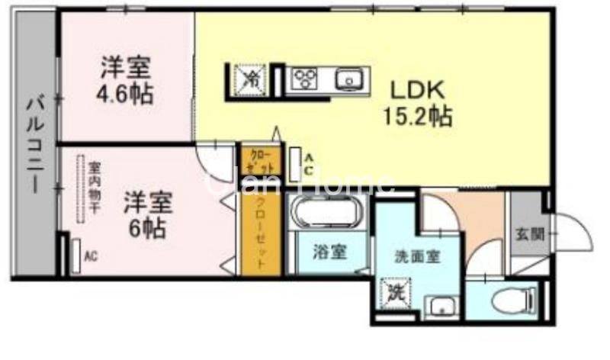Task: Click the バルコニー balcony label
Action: [35, 145]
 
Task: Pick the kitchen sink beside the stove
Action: [348, 79]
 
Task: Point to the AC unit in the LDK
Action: [295, 161]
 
